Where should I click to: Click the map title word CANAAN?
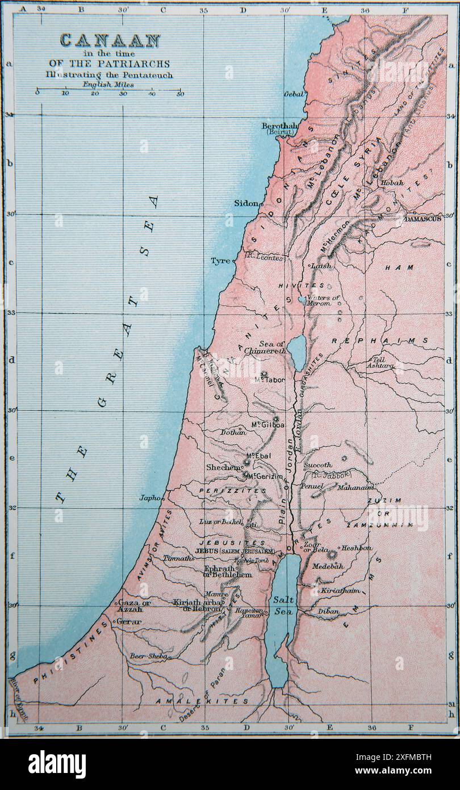[x=110, y=40]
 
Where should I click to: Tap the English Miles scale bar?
[x=108, y=92]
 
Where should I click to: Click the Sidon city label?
[x=246, y=203]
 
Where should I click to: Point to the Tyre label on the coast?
[x=220, y=261]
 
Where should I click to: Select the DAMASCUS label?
[x=423, y=218]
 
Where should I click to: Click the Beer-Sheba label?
[x=149, y=656]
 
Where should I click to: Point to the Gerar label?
[x=129, y=622]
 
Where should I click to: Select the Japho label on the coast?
[x=150, y=498]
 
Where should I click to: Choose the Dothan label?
[x=233, y=432]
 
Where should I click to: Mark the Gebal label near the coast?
[x=294, y=94]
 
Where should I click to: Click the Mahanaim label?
[x=356, y=488]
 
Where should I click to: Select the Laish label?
[x=321, y=265]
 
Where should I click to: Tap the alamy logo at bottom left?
[x=57, y=764]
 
